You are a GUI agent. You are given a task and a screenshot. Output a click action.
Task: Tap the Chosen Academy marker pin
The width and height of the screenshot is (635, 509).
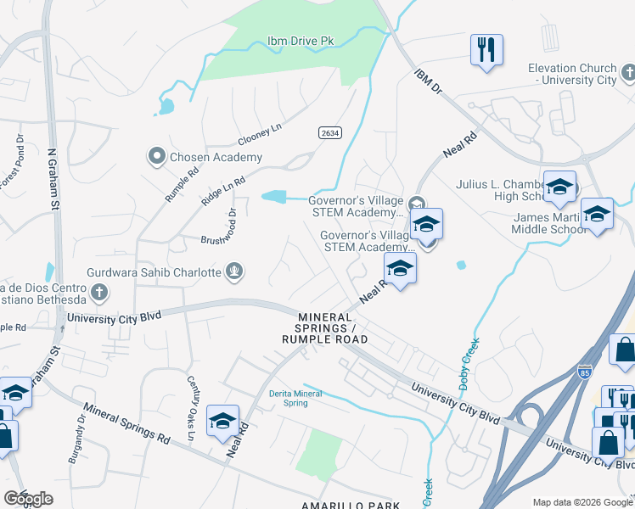coord(156,155)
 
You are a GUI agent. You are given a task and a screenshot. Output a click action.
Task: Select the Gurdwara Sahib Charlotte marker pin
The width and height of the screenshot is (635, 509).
coord(233,272)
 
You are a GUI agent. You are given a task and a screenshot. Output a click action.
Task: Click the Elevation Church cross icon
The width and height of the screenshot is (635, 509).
coord(627,74)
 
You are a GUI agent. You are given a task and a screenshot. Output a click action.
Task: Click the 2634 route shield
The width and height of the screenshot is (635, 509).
coord(330,134)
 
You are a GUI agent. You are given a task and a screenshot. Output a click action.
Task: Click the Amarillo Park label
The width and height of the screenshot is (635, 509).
coord(350,505)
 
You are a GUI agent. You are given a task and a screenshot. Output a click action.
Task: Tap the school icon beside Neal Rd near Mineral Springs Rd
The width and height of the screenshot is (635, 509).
coord(222,420)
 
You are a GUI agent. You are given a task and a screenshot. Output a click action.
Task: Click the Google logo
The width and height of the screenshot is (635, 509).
coord(28,500)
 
